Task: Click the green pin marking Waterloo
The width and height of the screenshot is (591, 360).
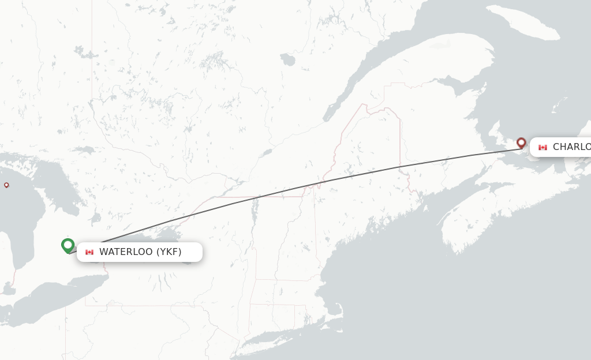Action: click(68, 245)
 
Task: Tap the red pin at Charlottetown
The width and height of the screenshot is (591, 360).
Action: click(521, 142)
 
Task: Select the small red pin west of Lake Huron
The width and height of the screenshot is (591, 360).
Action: click(6, 185)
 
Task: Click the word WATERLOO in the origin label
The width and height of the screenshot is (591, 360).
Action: click(126, 252)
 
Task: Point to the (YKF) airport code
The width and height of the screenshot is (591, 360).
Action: click(169, 252)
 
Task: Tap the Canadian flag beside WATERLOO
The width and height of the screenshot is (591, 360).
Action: click(89, 252)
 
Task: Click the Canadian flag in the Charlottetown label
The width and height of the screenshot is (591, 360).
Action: click(543, 148)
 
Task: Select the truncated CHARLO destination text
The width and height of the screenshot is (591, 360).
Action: click(571, 147)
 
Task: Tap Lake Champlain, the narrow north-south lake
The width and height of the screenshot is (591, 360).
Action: click(252, 219)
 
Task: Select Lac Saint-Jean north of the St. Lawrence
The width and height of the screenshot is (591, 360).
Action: click(287, 59)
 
